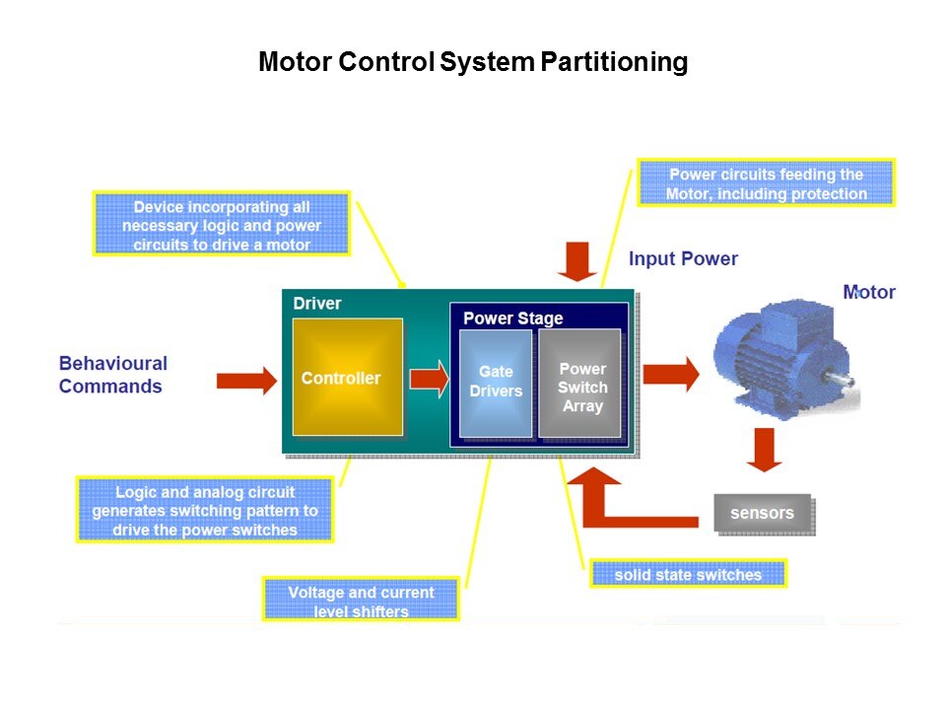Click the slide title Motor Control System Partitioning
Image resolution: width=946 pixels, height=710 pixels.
tap(472, 63)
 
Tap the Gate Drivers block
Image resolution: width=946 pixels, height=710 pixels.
tap(496, 382)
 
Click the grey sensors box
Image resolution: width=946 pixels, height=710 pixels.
tap(762, 513)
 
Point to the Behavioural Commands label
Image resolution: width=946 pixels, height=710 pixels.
tap(112, 375)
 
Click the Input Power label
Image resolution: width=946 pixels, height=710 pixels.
tap(683, 259)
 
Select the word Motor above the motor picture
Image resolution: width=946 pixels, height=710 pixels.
tap(869, 292)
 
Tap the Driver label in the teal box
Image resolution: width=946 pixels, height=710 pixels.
tap(317, 303)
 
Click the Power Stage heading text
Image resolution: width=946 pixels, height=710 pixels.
tap(512, 319)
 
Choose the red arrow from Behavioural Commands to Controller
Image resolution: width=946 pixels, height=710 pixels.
tap(246, 380)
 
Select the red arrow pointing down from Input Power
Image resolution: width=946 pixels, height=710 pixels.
tap(576, 261)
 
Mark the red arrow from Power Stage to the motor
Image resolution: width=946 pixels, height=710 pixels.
tap(670, 374)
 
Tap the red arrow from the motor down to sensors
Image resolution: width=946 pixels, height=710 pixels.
tap(764, 449)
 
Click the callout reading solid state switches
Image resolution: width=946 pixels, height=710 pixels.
tap(688, 574)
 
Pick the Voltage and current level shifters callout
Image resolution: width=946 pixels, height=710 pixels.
tap(361, 601)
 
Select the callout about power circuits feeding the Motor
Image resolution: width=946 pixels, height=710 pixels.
tap(766, 183)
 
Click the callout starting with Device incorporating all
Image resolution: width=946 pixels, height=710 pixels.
tap(222, 225)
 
